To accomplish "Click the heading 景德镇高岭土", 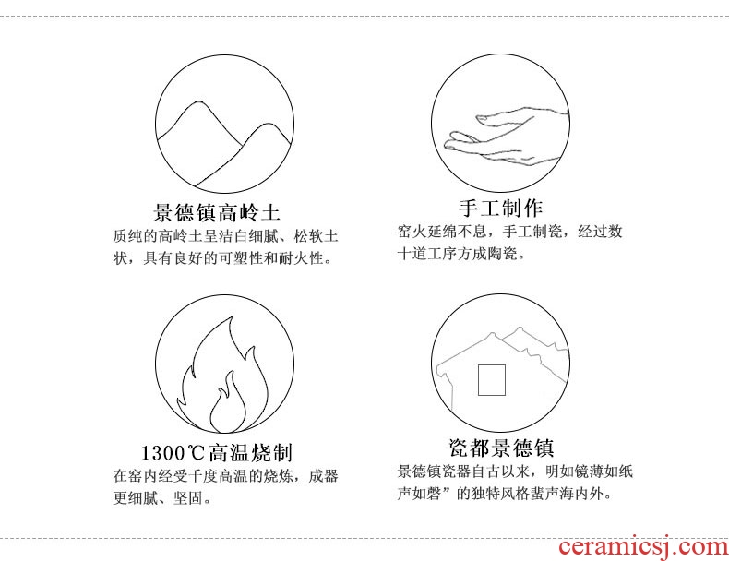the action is [217, 213].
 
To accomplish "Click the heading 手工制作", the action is [500, 209].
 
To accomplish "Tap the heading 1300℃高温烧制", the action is [217, 453].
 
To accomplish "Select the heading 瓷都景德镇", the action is [501, 448].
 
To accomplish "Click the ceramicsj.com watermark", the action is [643, 546].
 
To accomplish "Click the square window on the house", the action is [492, 380].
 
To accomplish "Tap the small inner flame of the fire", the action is [228, 404].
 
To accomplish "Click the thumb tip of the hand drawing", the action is [479, 118].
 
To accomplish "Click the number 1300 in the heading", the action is [163, 453].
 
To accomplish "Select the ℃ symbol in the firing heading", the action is [196, 453].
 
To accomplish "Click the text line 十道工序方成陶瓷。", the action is [461, 254].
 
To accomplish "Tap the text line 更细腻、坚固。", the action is [162, 498].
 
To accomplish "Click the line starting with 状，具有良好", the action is [223, 258].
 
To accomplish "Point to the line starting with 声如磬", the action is [505, 493].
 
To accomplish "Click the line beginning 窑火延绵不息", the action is [509, 232].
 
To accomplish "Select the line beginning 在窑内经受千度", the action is [225, 476].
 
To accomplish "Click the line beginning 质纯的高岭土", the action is [225, 236].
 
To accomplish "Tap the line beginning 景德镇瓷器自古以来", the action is [515, 471].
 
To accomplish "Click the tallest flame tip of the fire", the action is [231, 317].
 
